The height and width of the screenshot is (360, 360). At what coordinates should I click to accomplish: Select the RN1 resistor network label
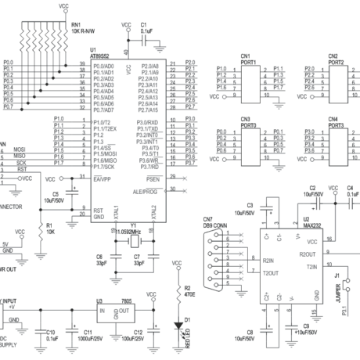[x=81, y=28]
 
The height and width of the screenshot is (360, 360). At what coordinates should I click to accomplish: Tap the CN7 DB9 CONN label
[x=215, y=223]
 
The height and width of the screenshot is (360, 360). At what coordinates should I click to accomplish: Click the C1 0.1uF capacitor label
[x=146, y=28]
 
